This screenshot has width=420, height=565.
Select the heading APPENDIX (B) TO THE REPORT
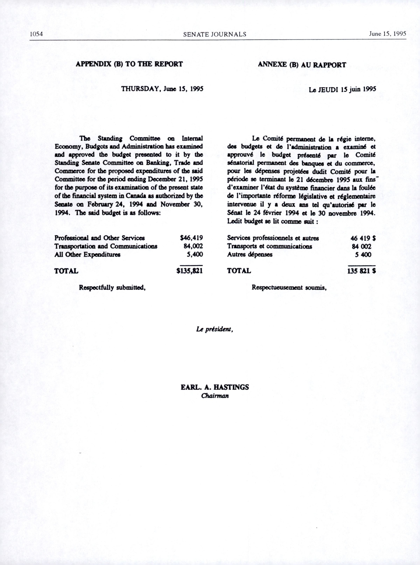pos(129,64)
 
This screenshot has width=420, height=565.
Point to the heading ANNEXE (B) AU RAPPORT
pos(302,65)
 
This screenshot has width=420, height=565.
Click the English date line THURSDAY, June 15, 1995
pos(162,89)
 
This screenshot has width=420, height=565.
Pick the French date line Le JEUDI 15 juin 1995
pos(342,90)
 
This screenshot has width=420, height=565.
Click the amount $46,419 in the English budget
pos(191,238)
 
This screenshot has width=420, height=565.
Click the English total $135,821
pos(190,271)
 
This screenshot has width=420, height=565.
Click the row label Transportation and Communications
pos(106,246)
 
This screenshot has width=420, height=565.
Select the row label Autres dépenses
pos(250,254)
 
